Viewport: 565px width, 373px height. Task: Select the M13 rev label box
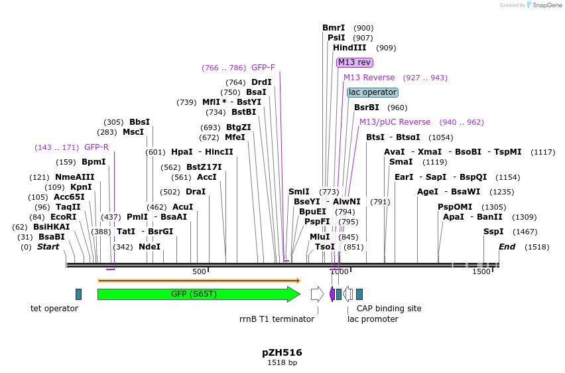[354, 62]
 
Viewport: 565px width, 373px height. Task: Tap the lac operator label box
[372, 92]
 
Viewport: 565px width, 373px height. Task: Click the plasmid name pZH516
[282, 352]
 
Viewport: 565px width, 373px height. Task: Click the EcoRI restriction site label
[63, 217]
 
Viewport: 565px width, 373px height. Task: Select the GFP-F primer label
[263, 68]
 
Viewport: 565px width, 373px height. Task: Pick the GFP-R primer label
[96, 147]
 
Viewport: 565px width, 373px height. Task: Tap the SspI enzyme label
[493, 232]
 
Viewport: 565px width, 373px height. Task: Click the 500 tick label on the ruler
[200, 271]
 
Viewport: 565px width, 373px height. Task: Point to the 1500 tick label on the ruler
[481, 271]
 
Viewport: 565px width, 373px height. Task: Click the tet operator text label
[54, 309]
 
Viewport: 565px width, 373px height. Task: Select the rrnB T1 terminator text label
[277, 319]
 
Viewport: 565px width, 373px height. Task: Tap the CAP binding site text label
[389, 309]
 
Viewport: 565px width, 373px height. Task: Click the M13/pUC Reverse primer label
[395, 122]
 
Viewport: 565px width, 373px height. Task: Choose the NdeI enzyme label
[149, 247]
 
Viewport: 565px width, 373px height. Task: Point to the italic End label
[507, 247]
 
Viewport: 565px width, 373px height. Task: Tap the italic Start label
[48, 247]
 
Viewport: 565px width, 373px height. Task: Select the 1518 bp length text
[282, 363]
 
